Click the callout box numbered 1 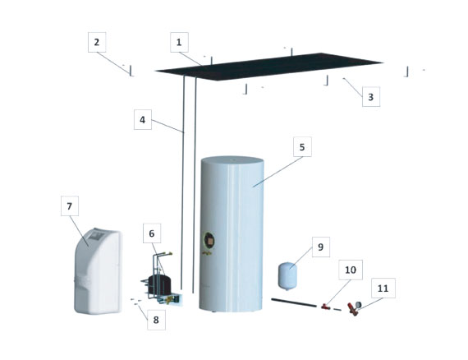[x=179, y=42]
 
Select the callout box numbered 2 [x=97, y=42]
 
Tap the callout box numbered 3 [x=371, y=97]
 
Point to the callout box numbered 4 [x=143, y=119]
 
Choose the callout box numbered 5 [x=302, y=146]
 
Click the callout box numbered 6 [x=152, y=233]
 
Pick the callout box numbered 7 [x=70, y=206]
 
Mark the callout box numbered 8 [x=156, y=320]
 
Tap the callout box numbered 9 [x=321, y=247]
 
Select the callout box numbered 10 [x=351, y=270]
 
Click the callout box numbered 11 [x=383, y=288]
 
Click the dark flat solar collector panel [x=268, y=67]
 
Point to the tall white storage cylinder [x=232, y=234]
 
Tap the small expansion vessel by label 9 [x=287, y=275]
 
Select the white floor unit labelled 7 [x=99, y=271]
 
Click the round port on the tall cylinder [x=209, y=241]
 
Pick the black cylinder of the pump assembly [x=159, y=284]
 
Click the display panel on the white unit [x=96, y=237]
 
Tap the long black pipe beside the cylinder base [x=294, y=302]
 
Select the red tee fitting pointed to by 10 [x=325, y=307]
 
